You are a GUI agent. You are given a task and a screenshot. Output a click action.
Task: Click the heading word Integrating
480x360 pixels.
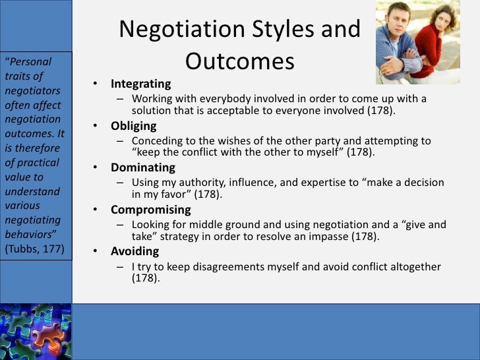[x=140, y=84]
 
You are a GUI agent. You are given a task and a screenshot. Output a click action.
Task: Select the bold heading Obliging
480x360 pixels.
[x=133, y=126]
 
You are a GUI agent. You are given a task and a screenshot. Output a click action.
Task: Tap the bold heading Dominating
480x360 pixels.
[x=142, y=167]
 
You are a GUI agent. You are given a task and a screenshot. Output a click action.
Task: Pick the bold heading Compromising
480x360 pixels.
[x=150, y=210]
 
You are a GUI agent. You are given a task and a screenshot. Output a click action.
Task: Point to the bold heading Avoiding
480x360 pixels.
[x=135, y=252]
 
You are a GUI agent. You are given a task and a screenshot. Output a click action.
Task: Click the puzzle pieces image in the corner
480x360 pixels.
[x=35, y=332]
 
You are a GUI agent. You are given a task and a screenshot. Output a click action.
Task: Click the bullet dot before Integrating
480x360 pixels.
[x=96, y=85]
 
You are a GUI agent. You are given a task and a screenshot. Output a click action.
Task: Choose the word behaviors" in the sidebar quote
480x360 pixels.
[x=32, y=235]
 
